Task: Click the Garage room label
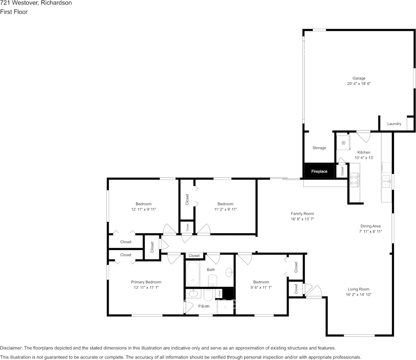tap(359, 78)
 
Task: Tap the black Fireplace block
tap(319, 171)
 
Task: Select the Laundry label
tap(394, 124)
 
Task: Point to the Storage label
tap(319, 148)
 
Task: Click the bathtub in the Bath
tap(193, 274)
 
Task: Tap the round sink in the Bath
tap(229, 272)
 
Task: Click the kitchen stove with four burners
tap(354, 180)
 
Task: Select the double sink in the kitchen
tap(387, 181)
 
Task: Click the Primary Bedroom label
tap(146, 282)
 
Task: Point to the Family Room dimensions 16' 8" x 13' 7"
tap(303, 219)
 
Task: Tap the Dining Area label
tap(370, 226)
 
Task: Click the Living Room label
tap(358, 289)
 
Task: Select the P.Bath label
tap(204, 306)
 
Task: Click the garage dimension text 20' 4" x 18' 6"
tap(359, 83)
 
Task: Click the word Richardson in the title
tap(56, 3)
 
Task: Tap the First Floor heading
tap(14, 12)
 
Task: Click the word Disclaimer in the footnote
tap(11, 348)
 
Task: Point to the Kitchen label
tap(364, 152)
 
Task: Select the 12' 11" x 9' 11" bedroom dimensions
tap(143, 209)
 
